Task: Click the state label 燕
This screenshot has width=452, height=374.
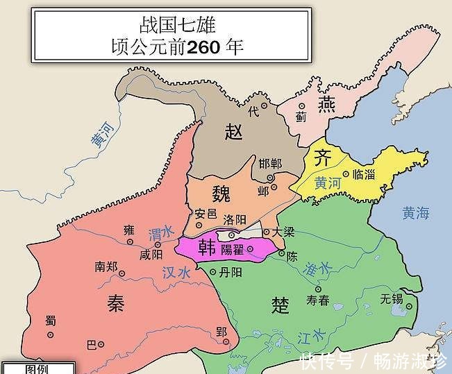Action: click(326, 104)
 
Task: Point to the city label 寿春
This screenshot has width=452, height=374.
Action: click(318, 300)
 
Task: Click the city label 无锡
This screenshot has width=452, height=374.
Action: click(392, 300)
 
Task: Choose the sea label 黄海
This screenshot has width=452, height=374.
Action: click(416, 214)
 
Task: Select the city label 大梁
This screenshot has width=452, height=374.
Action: click(285, 231)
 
